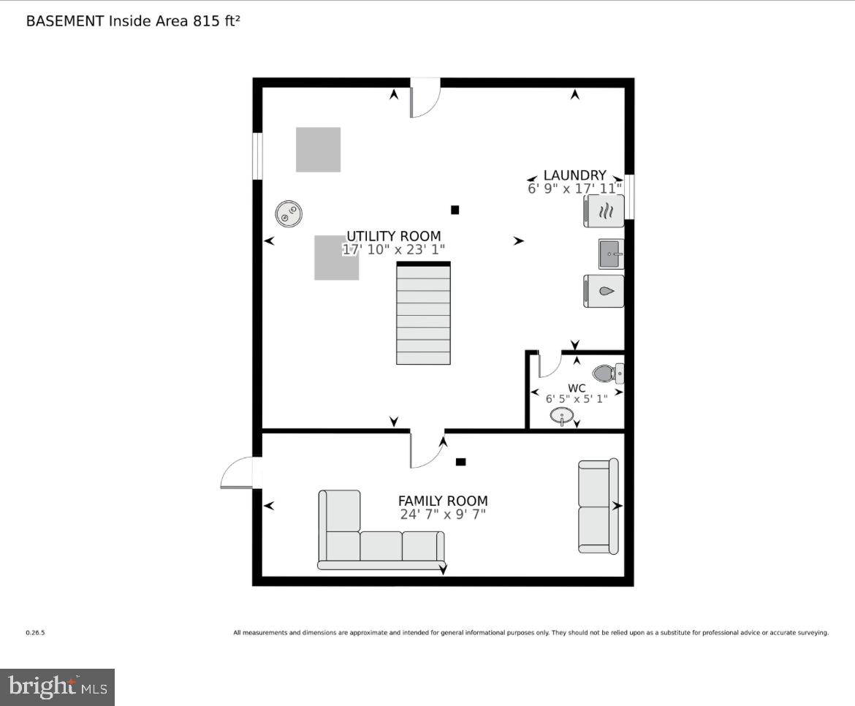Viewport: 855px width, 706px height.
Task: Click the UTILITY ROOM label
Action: click(x=393, y=236)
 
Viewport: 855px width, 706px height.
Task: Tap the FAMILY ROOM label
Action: click(x=442, y=501)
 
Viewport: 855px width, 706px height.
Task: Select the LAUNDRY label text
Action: click(x=574, y=175)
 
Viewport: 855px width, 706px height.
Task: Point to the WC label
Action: click(x=577, y=387)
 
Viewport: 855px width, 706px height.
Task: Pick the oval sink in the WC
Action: click(x=562, y=417)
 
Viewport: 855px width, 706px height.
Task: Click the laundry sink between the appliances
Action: click(x=611, y=254)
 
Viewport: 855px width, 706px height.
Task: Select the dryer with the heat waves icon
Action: click(x=604, y=212)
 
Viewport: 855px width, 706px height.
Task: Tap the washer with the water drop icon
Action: click(x=604, y=291)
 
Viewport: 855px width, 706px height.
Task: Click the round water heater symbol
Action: click(x=289, y=213)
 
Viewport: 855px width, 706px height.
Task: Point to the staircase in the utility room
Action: click(x=423, y=314)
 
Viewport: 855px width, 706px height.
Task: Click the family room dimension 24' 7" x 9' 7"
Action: click(x=442, y=515)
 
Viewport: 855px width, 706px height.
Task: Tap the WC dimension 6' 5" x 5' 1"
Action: click(x=577, y=399)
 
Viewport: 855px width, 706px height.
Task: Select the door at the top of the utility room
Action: click(x=425, y=99)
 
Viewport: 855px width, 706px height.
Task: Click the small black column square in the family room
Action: click(x=460, y=462)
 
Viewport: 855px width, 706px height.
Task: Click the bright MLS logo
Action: click(x=58, y=687)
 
